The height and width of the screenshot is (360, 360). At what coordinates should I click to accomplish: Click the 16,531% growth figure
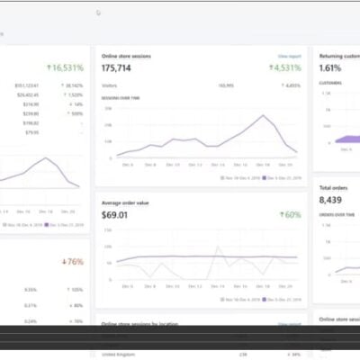(x=67, y=67)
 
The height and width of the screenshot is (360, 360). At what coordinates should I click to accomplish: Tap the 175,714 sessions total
(x=117, y=67)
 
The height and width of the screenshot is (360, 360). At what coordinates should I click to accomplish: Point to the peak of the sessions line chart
(x=263, y=116)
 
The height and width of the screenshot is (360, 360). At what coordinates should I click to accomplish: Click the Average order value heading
(x=127, y=202)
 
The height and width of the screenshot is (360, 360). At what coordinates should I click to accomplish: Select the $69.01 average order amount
(x=113, y=215)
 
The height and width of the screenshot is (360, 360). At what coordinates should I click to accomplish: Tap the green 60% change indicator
(x=290, y=215)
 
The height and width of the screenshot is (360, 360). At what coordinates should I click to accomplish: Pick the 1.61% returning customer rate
(x=330, y=67)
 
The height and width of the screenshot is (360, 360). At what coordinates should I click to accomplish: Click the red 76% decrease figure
(x=72, y=262)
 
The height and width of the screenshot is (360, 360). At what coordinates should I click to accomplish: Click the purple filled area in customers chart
(x=346, y=139)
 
